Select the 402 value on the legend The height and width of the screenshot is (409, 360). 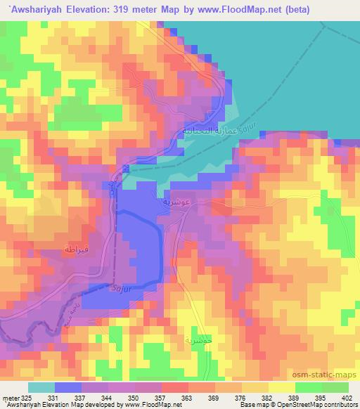347,397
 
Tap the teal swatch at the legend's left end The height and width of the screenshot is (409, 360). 41,387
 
